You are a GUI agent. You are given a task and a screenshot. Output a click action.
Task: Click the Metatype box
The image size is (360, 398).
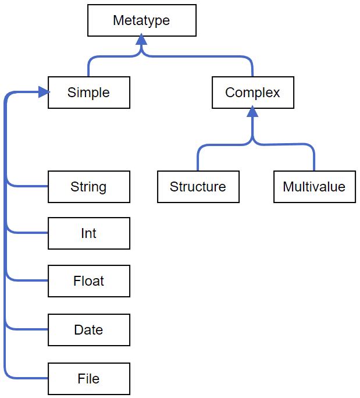click(x=141, y=21)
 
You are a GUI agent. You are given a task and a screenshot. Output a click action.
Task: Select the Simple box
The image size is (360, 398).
click(x=88, y=93)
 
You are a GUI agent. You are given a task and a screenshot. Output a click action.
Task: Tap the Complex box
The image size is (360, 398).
click(x=252, y=93)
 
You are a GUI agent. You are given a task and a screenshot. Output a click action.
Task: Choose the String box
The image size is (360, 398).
click(x=88, y=187)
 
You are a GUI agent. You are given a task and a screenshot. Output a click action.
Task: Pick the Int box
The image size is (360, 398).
click(x=88, y=233)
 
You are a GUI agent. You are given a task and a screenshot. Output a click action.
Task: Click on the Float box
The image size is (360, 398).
click(x=88, y=281)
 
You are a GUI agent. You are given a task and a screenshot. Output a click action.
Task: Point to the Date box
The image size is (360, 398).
click(x=88, y=330)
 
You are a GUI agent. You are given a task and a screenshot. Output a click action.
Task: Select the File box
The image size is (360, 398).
click(x=88, y=379)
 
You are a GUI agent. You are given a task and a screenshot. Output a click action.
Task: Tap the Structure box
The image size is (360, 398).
click(x=198, y=187)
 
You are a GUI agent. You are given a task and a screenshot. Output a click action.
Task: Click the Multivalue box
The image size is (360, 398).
click(x=314, y=187)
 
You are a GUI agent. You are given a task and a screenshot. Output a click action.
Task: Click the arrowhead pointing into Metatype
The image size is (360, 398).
click(x=141, y=41)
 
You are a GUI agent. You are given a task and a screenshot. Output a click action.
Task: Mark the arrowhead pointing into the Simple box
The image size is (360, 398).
click(x=44, y=92)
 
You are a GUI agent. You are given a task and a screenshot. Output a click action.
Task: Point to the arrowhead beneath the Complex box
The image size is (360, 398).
click(x=252, y=112)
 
